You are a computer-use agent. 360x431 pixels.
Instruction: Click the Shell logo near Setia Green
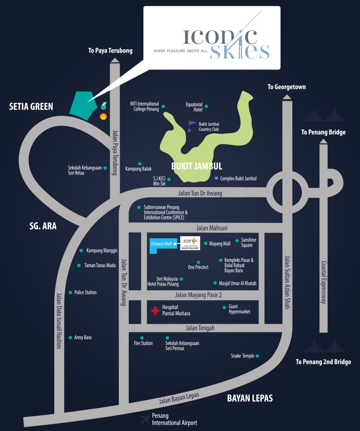tap(103, 116)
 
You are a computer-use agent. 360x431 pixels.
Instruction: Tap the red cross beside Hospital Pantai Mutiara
tap(155, 310)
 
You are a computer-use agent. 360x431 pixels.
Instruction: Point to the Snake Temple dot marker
tap(258, 356)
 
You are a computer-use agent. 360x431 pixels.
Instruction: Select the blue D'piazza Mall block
tap(159, 245)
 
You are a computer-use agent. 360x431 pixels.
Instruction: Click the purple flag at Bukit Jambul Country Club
tap(191, 125)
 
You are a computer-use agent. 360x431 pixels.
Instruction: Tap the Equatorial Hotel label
tap(194, 106)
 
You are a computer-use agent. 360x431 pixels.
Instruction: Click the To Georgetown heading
tap(286, 87)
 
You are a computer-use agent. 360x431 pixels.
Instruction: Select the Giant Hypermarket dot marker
tap(224, 307)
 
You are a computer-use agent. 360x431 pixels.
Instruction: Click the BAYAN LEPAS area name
tap(250, 398)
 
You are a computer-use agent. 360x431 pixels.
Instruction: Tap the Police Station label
tap(85, 293)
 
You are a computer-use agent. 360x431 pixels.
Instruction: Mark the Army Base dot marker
tap(71, 337)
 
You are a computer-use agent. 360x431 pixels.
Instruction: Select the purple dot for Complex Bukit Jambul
tap(216, 178)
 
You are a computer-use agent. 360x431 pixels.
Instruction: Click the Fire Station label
tap(143, 344)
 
